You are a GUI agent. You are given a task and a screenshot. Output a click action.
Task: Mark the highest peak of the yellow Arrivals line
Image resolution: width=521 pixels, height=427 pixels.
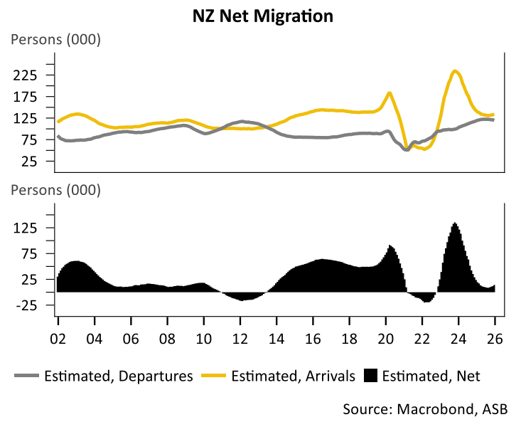(x=455, y=70)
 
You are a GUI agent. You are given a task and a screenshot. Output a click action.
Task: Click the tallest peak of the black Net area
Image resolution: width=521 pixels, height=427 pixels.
(x=455, y=224)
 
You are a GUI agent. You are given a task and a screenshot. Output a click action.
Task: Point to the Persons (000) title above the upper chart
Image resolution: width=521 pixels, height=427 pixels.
(x=55, y=39)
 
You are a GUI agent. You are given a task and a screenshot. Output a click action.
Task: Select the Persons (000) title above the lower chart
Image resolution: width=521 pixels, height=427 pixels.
(x=55, y=190)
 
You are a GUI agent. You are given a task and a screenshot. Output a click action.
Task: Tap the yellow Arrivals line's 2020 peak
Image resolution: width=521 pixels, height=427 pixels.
(x=390, y=93)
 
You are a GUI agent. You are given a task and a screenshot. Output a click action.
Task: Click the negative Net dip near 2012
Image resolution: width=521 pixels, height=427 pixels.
(x=242, y=298)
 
